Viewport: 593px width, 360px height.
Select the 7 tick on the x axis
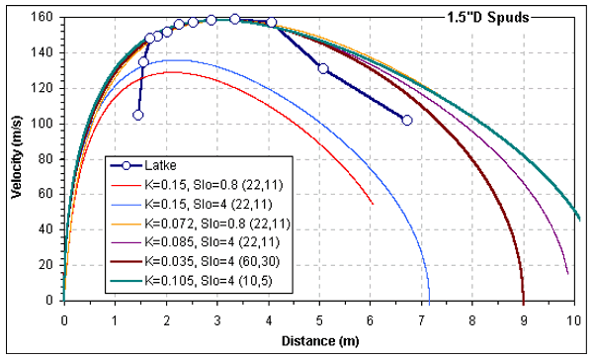point(422,320)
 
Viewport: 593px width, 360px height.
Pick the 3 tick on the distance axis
point(217,320)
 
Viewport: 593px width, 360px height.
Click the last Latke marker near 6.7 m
point(407,121)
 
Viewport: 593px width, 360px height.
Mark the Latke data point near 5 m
point(323,68)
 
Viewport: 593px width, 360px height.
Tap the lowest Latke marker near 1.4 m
point(137,115)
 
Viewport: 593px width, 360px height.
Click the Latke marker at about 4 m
point(272,22)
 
